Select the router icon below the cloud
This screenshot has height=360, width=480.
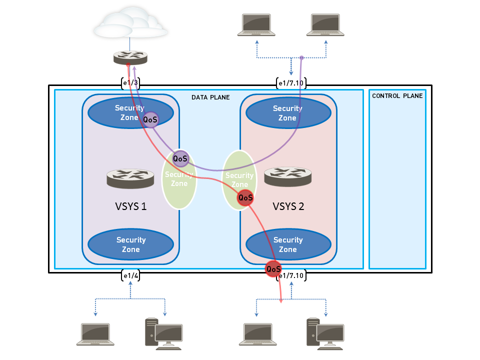(130, 57)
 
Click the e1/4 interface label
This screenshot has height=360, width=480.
(130, 275)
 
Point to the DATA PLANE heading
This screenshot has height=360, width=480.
(210, 97)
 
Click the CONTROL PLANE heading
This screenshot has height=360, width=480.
(397, 96)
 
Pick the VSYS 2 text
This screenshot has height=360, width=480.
(288, 206)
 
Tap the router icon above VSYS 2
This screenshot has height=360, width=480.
(288, 176)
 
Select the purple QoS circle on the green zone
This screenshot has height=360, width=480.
(180, 158)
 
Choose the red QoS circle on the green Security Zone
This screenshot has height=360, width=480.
(245, 197)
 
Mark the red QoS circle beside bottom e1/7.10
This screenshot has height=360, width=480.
(273, 269)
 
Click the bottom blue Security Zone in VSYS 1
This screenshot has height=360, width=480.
(130, 244)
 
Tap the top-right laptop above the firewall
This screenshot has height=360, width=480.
(327, 24)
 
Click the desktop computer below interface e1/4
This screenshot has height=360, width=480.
(164, 332)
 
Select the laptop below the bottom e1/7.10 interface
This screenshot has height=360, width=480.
(258, 334)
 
